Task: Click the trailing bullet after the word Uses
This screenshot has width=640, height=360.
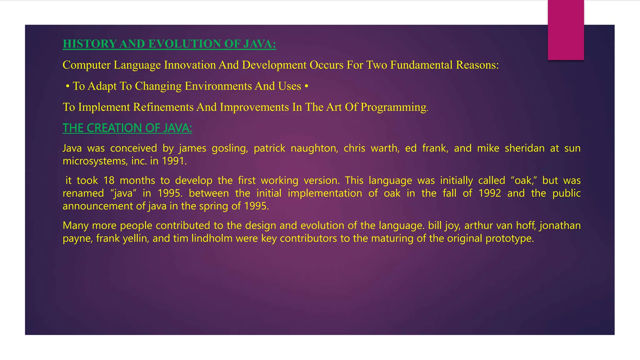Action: tap(306, 86)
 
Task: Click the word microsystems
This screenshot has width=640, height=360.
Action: tap(95, 161)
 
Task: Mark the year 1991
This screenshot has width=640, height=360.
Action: tap(174, 161)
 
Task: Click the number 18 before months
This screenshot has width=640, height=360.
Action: tap(109, 181)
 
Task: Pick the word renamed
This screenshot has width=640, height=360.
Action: tap(83, 193)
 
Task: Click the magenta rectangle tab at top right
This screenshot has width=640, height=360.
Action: tap(566, 30)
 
